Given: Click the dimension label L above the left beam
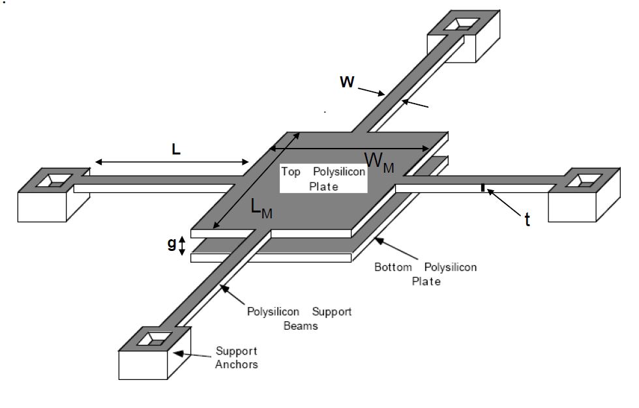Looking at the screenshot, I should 176,149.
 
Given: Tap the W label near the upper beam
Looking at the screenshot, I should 348,83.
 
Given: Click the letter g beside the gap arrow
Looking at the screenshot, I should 171,244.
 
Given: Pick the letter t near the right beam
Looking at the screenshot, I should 527,220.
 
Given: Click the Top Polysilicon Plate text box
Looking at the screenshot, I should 323,179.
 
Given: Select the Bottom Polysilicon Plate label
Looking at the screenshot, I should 425,274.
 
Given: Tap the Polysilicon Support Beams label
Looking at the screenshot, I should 299,318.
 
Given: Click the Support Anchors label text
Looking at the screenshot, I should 236,358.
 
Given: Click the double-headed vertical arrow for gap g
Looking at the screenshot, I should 183,244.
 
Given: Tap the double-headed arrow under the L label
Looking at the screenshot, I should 172,162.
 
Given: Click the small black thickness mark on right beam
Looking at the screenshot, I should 483,188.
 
